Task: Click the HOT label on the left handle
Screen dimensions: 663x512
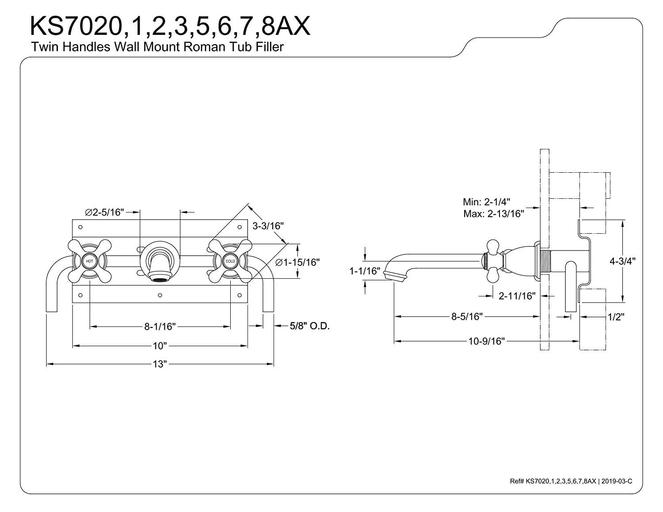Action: [89, 262]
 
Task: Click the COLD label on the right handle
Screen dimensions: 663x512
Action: [230, 262]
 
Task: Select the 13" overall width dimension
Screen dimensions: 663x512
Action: [160, 364]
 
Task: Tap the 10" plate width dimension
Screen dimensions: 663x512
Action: [160, 346]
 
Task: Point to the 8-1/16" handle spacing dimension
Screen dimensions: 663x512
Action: [160, 326]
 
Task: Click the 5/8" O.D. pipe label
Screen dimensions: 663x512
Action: [310, 326]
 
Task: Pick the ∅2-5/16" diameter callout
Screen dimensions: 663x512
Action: [105, 212]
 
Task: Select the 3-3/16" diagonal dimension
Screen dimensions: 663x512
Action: [268, 226]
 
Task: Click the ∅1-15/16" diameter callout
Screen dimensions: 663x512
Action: [297, 262]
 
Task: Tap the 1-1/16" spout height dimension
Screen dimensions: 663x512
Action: [365, 271]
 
